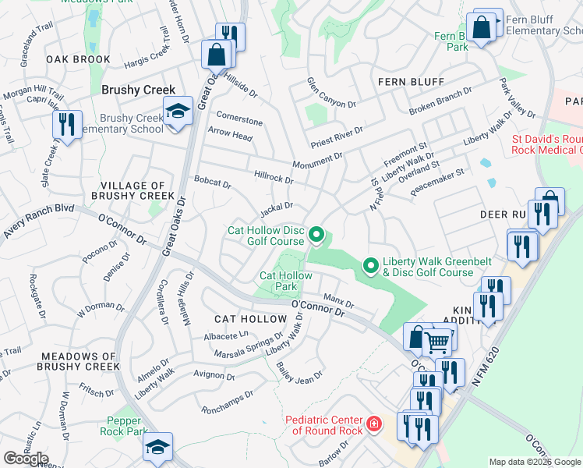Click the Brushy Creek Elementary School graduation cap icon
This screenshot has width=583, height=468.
178,111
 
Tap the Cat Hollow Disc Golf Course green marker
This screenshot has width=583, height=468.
316,234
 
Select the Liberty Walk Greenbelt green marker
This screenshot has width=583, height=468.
371,266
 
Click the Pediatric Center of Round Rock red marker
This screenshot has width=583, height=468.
374,424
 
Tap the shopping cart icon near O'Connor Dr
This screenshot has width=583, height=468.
438,339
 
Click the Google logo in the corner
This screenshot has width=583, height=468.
26,458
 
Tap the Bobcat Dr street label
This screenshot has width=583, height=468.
213,183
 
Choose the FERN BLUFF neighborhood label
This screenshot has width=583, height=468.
411,82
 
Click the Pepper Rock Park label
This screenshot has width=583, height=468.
123,425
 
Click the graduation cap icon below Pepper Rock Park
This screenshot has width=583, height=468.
157,449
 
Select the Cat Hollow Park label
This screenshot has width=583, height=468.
285,281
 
